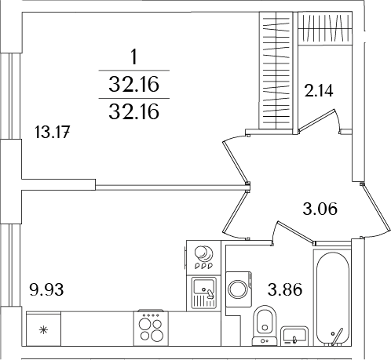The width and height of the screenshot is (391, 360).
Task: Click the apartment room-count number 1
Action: [134, 56]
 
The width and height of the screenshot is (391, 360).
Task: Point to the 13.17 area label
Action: [53, 132]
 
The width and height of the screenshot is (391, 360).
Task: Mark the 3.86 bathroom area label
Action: [287, 289]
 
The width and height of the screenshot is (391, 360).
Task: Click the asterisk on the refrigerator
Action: [43, 329]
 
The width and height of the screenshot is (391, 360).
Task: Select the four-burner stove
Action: [152, 326]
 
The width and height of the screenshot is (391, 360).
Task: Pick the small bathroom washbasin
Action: [294, 335]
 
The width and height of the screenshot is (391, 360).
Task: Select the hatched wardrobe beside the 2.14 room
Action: [276, 71]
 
